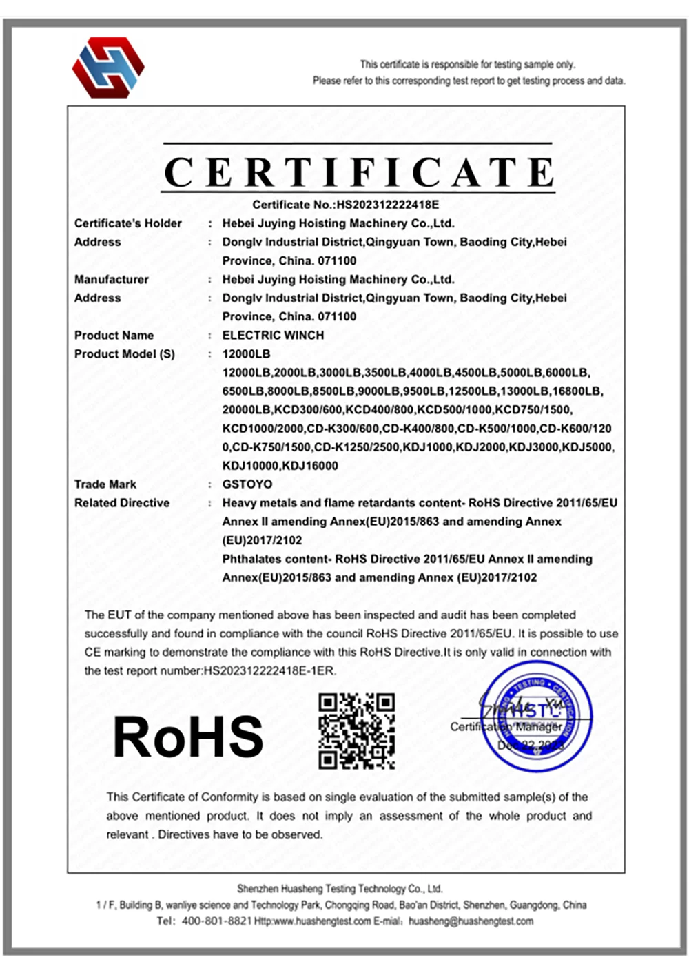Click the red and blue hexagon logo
pyautogui.click(x=108, y=67)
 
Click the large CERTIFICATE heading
pyautogui.click(x=359, y=172)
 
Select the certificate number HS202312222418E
pyautogui.click(x=387, y=205)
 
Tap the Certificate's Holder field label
pyautogui.click(x=128, y=223)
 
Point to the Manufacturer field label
pyautogui.click(x=112, y=279)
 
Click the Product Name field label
pyautogui.click(x=114, y=335)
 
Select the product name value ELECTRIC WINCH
pyautogui.click(x=273, y=335)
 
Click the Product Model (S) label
pyautogui.click(x=125, y=353)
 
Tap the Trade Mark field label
pyautogui.click(x=105, y=484)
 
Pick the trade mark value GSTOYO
pyautogui.click(x=247, y=484)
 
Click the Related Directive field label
pyautogui.click(x=122, y=502)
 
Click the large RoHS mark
pyautogui.click(x=188, y=737)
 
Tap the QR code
pyautogui.click(x=356, y=731)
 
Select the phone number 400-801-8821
pyautogui.click(x=216, y=921)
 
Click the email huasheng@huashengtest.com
pyautogui.click(x=471, y=921)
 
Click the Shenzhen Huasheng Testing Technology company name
pyautogui.click(x=340, y=889)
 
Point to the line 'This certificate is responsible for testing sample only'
pyautogui.click(x=467, y=64)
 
